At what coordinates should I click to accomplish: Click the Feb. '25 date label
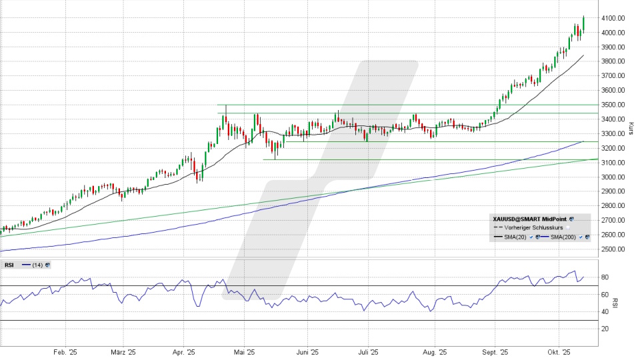pos(65,352)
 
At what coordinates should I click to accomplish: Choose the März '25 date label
pos(123,352)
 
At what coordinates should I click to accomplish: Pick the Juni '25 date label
pos(307,352)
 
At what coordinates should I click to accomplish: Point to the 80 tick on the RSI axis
pos(605,277)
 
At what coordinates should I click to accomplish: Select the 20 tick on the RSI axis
pos(605,329)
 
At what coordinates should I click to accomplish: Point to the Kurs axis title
pos(631,126)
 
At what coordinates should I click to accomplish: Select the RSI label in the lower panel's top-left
pos(10,265)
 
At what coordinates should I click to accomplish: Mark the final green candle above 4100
pos(583,23)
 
